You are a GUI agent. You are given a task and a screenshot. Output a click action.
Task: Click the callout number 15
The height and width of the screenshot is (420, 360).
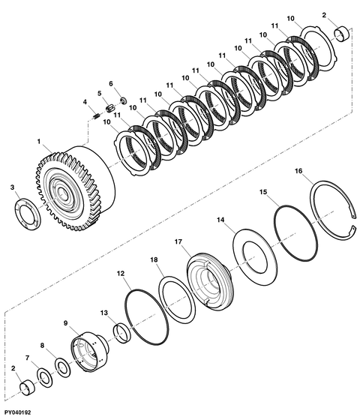[x=262, y=193]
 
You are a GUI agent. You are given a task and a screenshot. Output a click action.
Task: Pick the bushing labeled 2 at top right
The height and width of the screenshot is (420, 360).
[x=343, y=34]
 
